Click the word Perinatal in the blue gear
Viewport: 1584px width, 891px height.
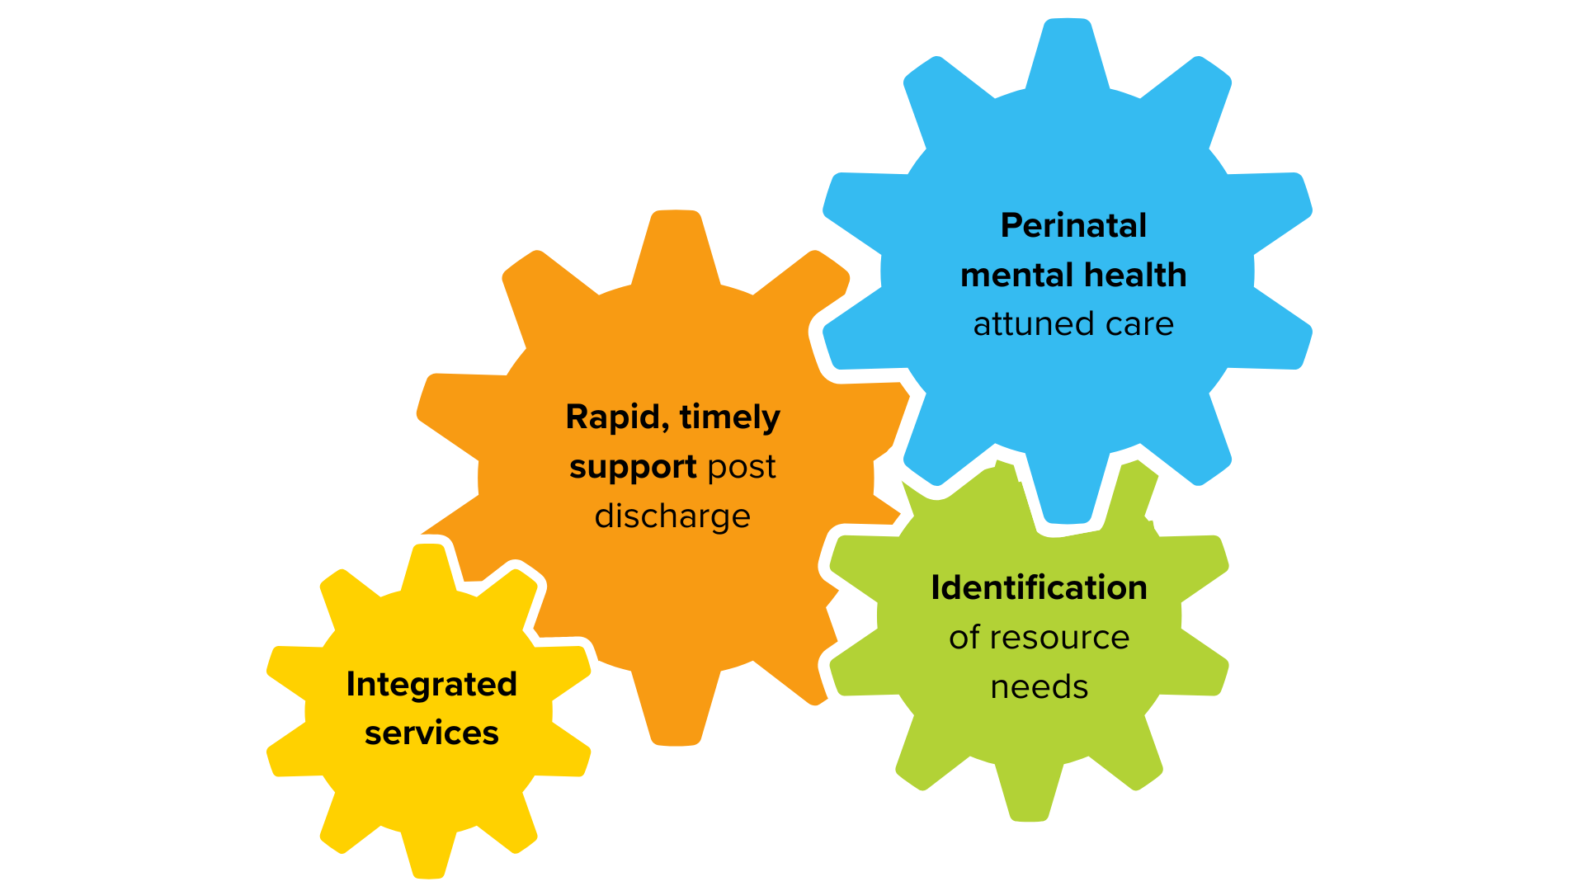tap(1073, 225)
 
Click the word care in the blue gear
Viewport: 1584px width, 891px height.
tap(1139, 324)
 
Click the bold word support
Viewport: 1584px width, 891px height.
tap(633, 468)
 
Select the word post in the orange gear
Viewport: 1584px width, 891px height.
tap(742, 468)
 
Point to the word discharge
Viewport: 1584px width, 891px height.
tap(672, 516)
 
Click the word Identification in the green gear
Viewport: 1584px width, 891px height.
tap(1039, 588)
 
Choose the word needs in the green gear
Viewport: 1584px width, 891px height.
tap(1039, 687)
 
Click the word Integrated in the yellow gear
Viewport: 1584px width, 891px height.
tap(431, 685)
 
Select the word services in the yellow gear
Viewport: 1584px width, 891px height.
tap(431, 733)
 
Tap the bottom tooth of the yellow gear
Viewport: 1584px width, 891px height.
tap(429, 854)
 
